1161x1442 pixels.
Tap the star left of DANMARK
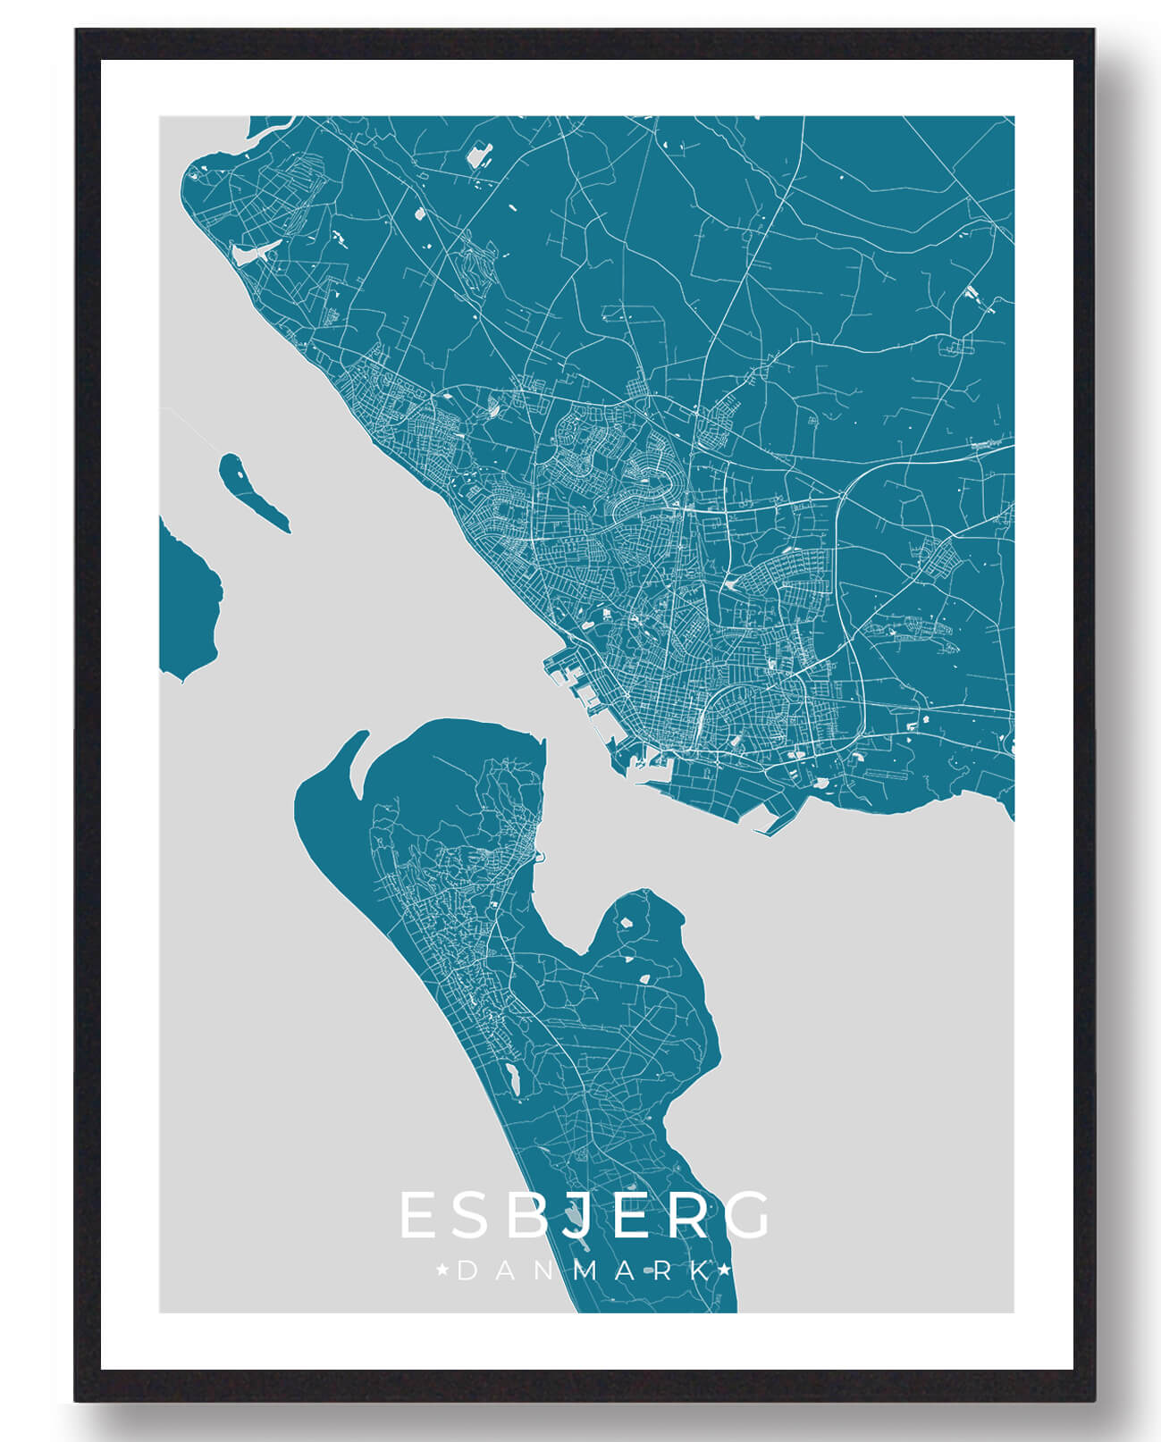pyautogui.click(x=442, y=1270)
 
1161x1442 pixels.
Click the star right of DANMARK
pyautogui.click(x=725, y=1270)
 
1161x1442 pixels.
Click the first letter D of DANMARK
pyautogui.click(x=466, y=1270)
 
